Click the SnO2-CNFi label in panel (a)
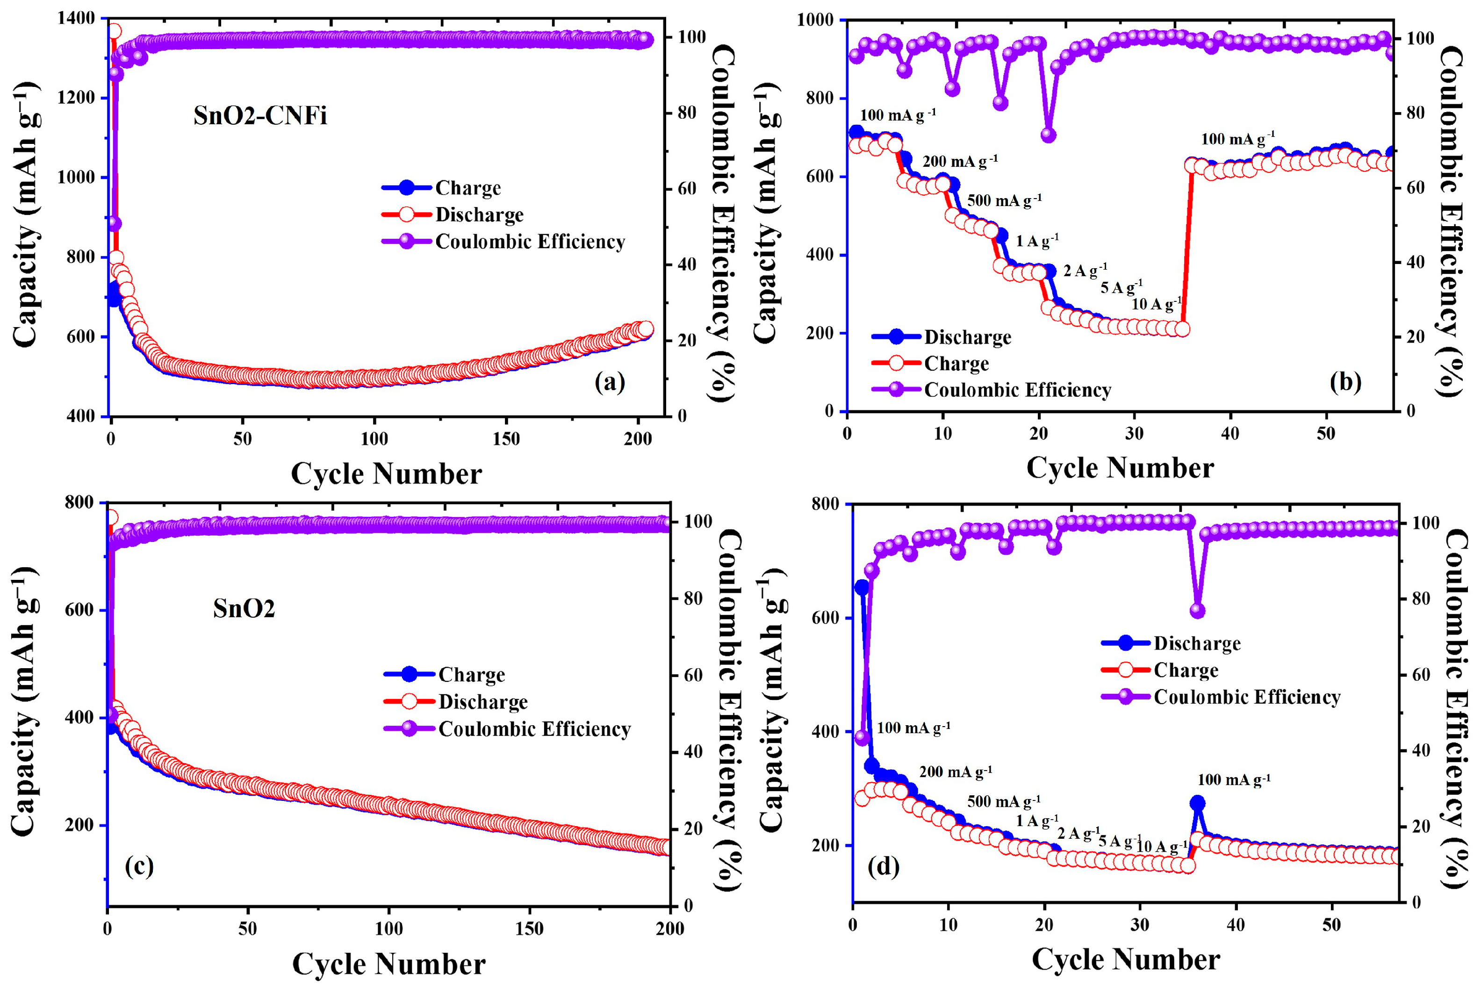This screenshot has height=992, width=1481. [x=260, y=116]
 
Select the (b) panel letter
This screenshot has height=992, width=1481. [x=1345, y=382]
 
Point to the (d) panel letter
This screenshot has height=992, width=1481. [x=884, y=867]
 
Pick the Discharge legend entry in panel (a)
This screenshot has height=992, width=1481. [x=479, y=215]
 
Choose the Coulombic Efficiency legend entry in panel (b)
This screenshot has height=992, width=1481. [x=1017, y=390]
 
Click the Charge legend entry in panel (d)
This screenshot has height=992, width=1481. [x=1186, y=671]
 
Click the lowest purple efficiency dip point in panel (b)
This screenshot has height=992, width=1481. [x=1048, y=135]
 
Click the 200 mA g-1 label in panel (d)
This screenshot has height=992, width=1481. [x=955, y=772]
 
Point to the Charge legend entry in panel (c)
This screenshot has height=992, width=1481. [x=472, y=675]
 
